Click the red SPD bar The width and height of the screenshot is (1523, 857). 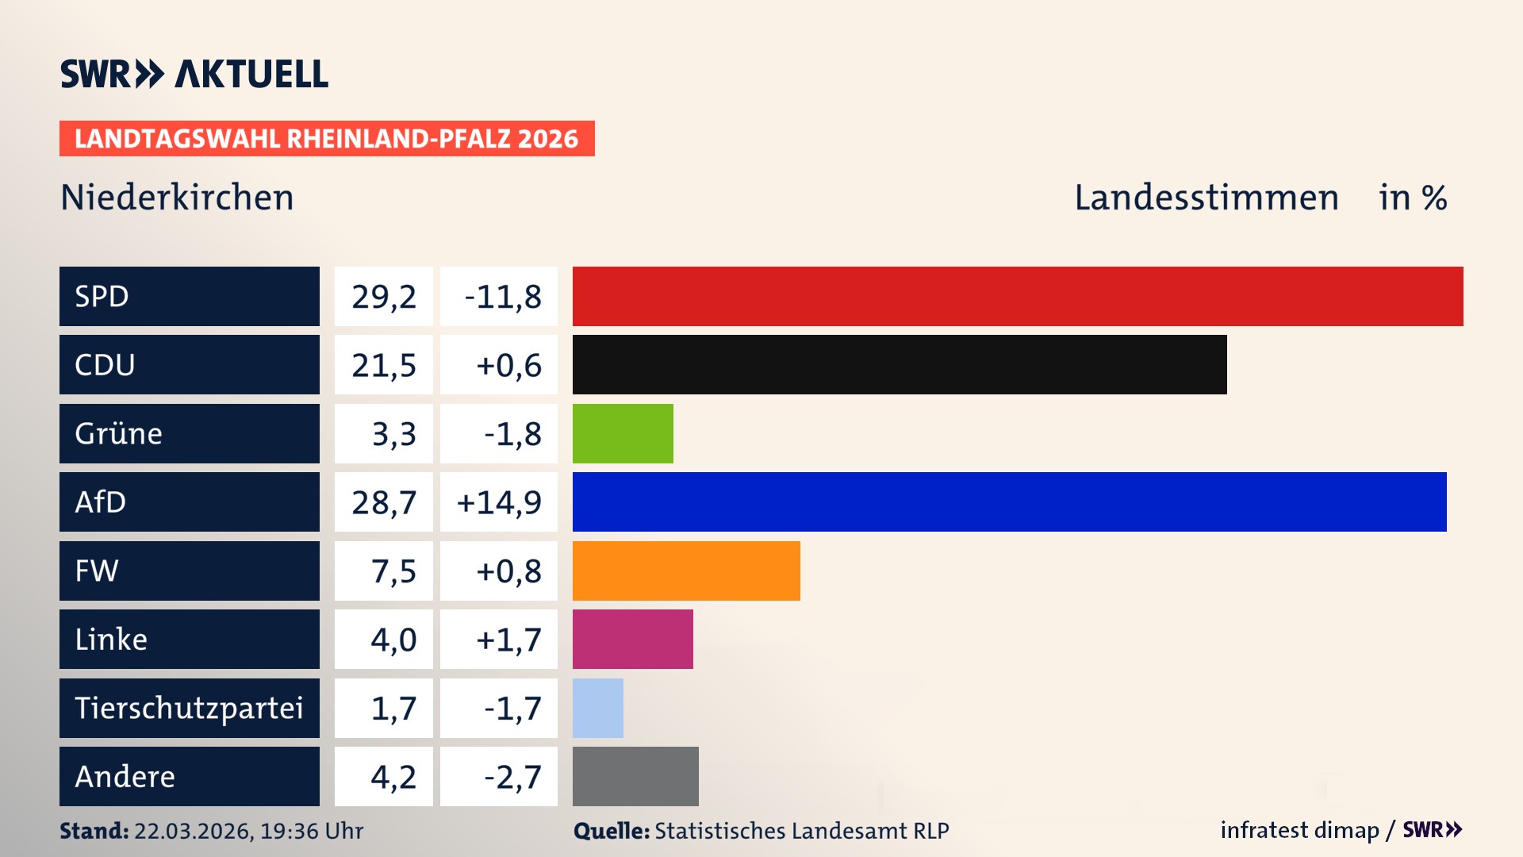[1018, 296]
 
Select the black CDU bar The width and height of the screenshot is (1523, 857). [900, 364]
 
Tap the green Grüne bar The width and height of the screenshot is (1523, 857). [623, 433]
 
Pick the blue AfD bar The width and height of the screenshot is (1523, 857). [1009, 502]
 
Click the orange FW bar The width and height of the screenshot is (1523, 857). [686, 571]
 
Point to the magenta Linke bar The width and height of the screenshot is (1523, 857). [632, 639]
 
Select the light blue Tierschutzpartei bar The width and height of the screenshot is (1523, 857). [597, 708]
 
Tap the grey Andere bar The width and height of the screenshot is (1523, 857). [635, 776]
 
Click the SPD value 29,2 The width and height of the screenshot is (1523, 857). [384, 297]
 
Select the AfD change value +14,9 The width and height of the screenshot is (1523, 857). [499, 502]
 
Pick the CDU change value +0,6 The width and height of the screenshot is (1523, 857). [508, 365]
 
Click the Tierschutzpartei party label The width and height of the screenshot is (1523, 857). [189, 708]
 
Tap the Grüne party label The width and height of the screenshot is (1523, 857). [119, 433]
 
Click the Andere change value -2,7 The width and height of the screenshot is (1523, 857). [512, 777]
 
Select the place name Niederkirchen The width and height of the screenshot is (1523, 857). [177, 198]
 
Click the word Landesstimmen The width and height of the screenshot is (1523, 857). [1206, 198]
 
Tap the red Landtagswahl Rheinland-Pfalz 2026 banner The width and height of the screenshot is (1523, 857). [327, 139]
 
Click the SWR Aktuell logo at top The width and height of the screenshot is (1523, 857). [194, 74]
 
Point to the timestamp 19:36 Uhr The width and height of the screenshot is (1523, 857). [311, 831]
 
